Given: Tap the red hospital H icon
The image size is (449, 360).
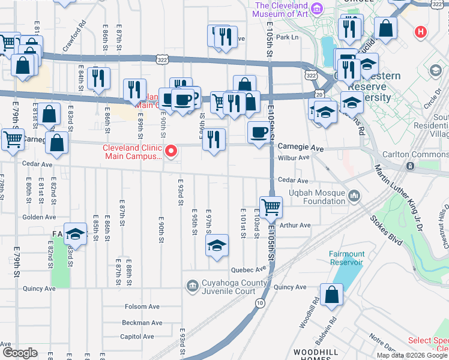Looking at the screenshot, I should [x=421, y=31].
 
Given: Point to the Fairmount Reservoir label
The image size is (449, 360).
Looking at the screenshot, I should [x=346, y=258].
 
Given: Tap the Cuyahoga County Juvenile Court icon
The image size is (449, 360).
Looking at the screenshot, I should [x=193, y=286].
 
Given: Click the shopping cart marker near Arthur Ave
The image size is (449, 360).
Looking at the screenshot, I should [x=271, y=208].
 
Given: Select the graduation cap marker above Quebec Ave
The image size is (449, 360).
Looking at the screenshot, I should [x=217, y=245].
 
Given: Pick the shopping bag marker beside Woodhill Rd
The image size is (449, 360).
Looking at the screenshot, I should [x=331, y=295].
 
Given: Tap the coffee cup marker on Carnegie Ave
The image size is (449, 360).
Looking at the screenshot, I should [x=259, y=132].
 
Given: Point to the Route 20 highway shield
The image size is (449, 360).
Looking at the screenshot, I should [x=319, y=94].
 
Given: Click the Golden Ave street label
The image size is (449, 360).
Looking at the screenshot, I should [x=39, y=217].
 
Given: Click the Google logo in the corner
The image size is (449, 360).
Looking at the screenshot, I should [x=20, y=353].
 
